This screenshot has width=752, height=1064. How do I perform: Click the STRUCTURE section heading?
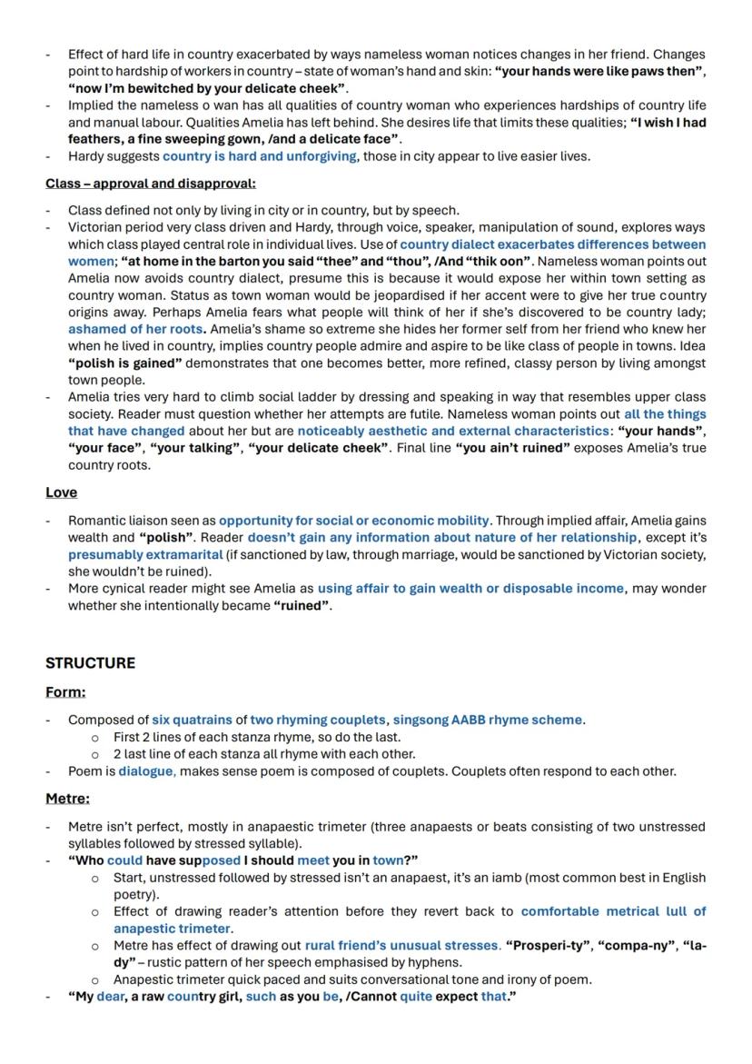[90, 663]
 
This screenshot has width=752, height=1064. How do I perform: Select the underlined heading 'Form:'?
[65, 692]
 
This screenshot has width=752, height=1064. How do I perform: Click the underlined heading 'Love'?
[61, 492]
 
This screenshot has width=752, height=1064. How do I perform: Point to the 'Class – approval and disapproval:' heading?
[151, 184]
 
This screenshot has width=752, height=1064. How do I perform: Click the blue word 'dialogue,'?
[146, 771]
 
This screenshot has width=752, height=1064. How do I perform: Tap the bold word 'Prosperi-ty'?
[548, 945]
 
